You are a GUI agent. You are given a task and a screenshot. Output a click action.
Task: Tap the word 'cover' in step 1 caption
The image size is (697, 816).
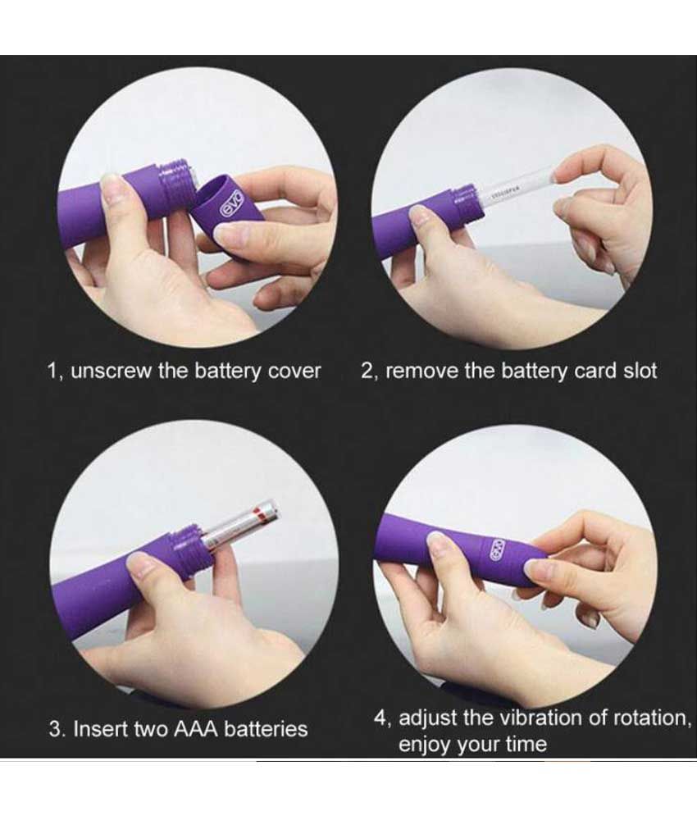[294, 371]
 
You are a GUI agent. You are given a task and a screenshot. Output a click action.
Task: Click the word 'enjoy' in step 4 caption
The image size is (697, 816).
[426, 745]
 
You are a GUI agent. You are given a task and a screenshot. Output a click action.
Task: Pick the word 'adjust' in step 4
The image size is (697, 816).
[426, 718]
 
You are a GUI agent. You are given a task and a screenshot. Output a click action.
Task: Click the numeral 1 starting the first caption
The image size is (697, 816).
[52, 371]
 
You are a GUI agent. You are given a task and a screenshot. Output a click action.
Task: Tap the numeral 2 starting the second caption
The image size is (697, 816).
[367, 371]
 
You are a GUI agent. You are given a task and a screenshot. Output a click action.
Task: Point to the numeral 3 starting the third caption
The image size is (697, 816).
[55, 728]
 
